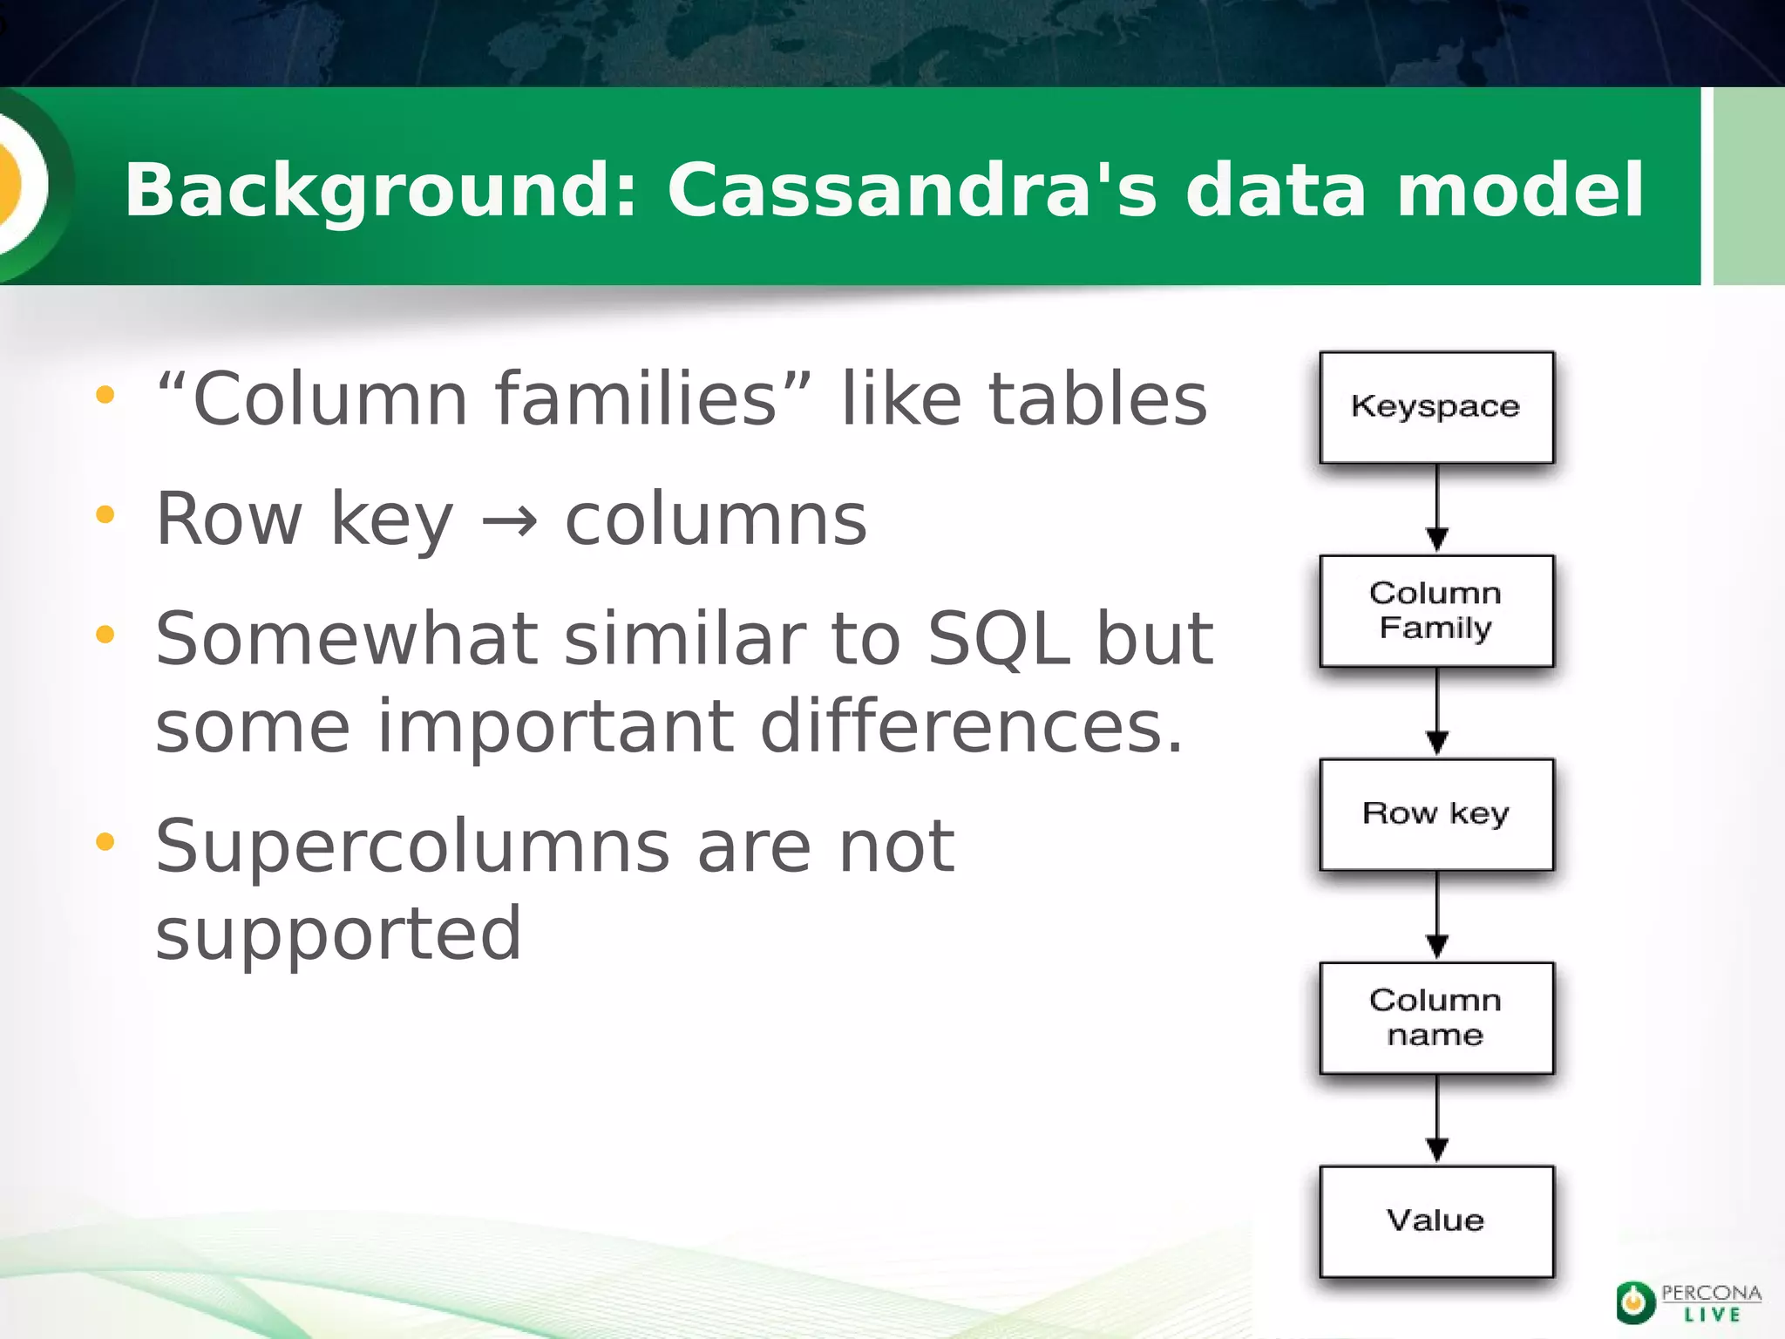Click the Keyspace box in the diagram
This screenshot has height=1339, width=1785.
point(1436,407)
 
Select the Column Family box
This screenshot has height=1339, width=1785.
point(1436,610)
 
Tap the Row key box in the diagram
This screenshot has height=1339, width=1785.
point(1436,814)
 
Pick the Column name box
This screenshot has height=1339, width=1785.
point(1436,1017)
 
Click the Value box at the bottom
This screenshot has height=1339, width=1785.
point(1436,1220)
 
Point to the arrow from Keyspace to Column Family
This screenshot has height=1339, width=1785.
point(1437,509)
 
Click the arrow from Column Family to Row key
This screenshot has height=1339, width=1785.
point(1437,712)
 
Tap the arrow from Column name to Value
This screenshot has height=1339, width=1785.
point(1437,1119)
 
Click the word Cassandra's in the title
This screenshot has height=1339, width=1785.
point(912,190)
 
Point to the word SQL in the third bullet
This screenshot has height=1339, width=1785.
point(998,640)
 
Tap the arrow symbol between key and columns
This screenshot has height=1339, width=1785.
point(509,521)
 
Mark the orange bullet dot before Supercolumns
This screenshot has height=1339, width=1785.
point(105,842)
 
